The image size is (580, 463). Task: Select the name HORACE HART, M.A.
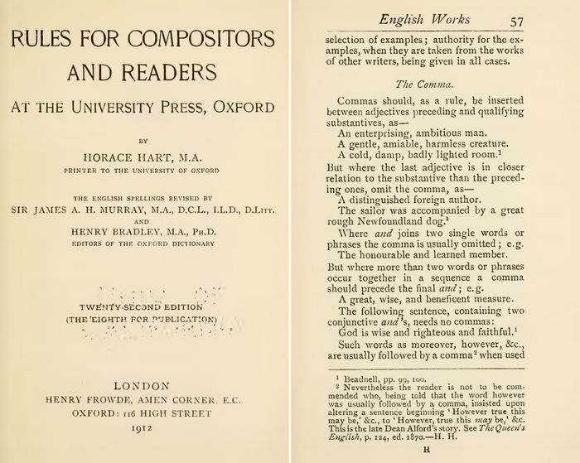tap(141, 155)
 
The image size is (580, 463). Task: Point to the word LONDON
tap(141, 385)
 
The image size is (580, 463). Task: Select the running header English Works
tap(435, 19)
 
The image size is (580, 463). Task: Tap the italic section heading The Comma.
tap(422, 84)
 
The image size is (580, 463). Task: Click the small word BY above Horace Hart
tap(142, 140)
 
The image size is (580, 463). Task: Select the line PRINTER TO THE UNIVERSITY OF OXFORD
tap(142, 171)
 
